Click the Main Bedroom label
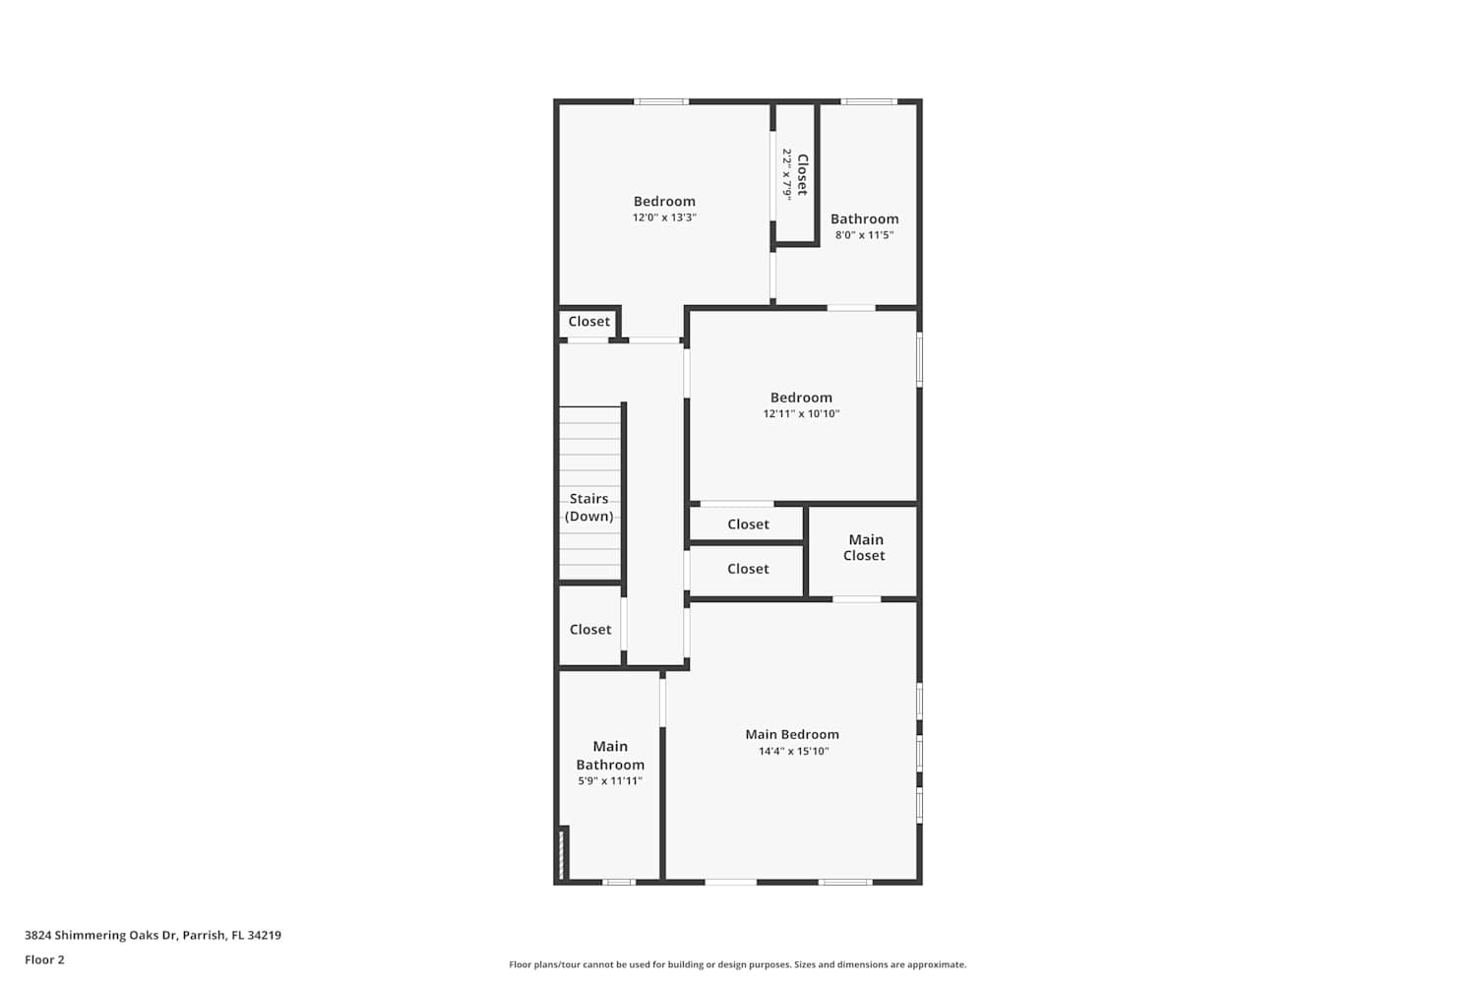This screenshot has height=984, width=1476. [x=792, y=734]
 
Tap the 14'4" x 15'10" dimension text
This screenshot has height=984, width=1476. [x=793, y=751]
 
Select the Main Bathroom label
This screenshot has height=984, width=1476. [x=610, y=756]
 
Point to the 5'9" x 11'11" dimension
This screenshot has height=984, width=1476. [x=610, y=781]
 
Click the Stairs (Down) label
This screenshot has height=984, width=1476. [x=589, y=508]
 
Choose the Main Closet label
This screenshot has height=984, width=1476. [x=865, y=548]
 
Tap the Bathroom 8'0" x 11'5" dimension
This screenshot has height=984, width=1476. [x=865, y=235]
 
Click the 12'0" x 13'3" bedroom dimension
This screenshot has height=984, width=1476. [x=664, y=217]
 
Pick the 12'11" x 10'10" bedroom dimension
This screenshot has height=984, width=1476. [x=801, y=414]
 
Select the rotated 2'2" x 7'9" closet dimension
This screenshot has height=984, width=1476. [x=787, y=174]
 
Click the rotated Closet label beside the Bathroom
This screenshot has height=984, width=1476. [x=803, y=174]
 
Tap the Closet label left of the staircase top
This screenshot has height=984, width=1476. [x=589, y=322]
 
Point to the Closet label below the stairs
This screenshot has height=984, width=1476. [x=590, y=630]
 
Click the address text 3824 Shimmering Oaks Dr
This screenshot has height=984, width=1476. [x=101, y=935]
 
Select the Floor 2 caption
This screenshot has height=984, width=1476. [x=45, y=960]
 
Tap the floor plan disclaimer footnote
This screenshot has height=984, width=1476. [x=737, y=965]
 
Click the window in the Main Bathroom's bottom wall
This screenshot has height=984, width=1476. [x=619, y=882]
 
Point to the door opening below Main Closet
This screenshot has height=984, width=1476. [x=857, y=599]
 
